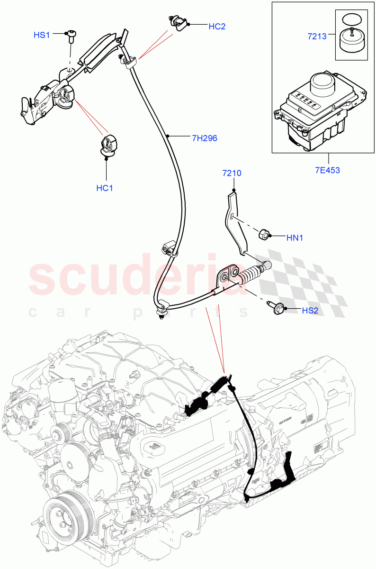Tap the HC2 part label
217,27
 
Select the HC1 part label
105,188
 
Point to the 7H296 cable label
204,138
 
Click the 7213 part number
316,36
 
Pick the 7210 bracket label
232,173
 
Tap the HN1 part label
295,238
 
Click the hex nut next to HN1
264,234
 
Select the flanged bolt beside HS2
274,308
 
